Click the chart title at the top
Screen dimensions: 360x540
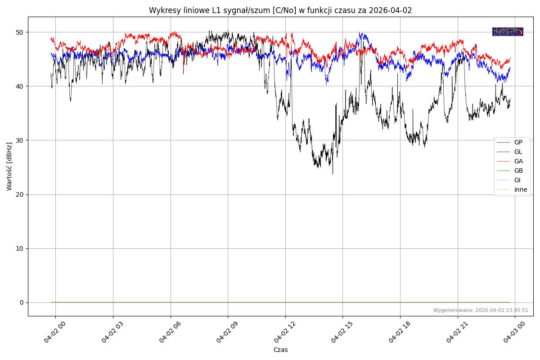280,10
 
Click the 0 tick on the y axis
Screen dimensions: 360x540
21,302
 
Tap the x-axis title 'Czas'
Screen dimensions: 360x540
280,350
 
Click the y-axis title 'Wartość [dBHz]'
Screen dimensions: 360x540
9,166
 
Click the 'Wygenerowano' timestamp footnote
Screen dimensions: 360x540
481,310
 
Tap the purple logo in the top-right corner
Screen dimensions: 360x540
508,31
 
